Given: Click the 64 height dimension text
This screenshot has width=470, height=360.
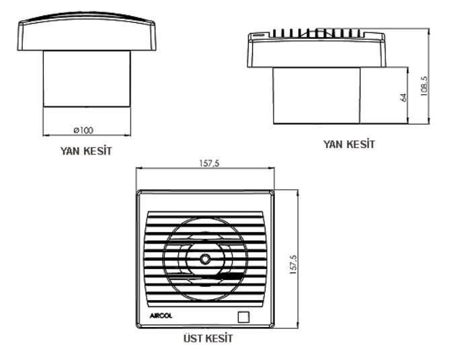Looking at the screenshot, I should [x=403, y=96].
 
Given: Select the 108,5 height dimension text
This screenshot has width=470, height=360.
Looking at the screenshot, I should [x=423, y=85].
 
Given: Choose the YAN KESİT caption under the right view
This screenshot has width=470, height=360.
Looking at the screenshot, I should [x=349, y=144].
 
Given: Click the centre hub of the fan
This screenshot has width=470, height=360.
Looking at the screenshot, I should [x=204, y=258].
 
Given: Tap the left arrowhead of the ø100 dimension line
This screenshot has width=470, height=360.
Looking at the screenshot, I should [x=46, y=133].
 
